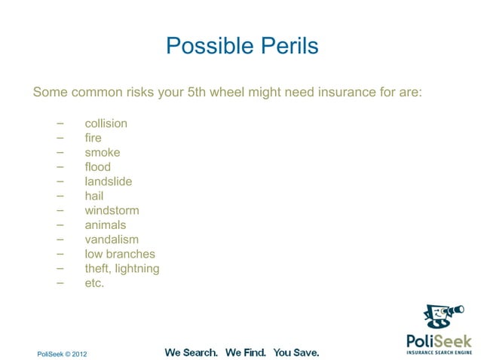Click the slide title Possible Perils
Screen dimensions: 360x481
[x=241, y=46]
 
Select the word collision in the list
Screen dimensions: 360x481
[x=106, y=124]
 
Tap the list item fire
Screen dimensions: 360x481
[x=93, y=139]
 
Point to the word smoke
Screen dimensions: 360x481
[x=102, y=153]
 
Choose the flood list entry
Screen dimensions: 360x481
[x=97, y=167]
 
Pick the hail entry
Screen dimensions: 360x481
[x=95, y=196]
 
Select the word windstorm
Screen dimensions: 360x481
[x=112, y=211]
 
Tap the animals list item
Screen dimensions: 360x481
[x=106, y=225]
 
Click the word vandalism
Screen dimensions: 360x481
[x=112, y=239]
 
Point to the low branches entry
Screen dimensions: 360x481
[x=120, y=255]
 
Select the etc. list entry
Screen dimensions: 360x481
[x=94, y=283]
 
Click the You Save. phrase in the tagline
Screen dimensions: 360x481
[x=296, y=352]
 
